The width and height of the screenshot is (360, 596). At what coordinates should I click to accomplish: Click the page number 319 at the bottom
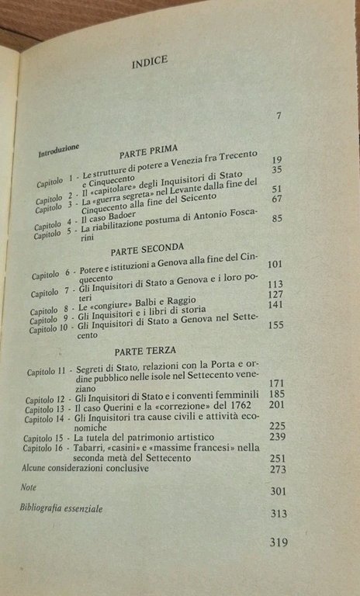277,542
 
